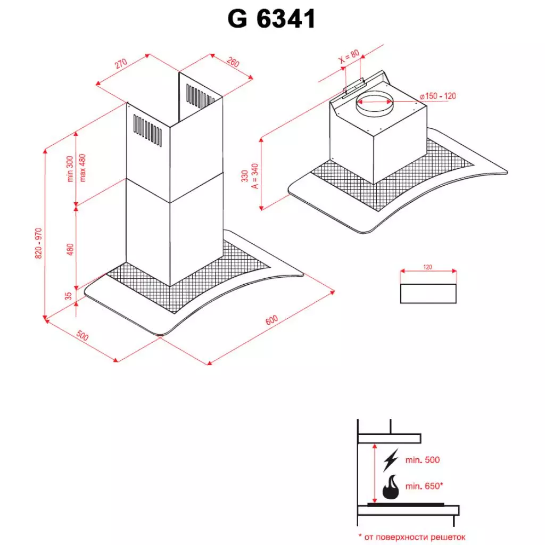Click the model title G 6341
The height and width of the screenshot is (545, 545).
click(x=272, y=20)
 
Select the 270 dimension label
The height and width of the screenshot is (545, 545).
click(x=120, y=64)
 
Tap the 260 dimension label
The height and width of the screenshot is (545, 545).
click(x=233, y=62)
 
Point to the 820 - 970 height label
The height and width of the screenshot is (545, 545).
click(x=38, y=243)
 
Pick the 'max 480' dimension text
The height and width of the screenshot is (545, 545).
click(x=82, y=168)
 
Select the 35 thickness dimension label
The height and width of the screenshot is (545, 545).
click(x=68, y=295)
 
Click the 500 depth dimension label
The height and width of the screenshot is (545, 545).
click(x=82, y=336)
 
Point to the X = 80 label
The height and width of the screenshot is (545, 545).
click(x=349, y=57)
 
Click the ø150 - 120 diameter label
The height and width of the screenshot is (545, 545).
click(x=437, y=96)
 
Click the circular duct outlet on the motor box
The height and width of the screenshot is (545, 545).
click(x=374, y=102)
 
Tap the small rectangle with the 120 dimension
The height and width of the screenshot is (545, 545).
click(x=428, y=293)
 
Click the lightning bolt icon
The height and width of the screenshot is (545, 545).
click(x=391, y=459)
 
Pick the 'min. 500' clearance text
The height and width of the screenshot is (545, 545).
click(x=422, y=460)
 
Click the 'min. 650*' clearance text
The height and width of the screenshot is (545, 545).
click(x=424, y=486)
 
